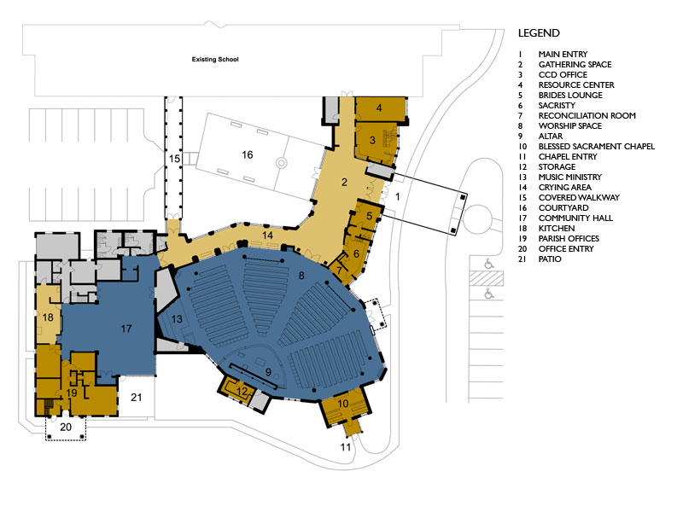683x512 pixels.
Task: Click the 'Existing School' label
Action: tap(215, 59)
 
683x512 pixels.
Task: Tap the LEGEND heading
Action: tap(539, 33)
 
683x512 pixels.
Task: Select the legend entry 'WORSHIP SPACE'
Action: tap(569, 125)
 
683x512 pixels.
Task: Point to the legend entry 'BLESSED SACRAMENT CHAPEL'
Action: tap(596, 146)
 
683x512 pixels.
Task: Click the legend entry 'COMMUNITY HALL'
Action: tap(575, 218)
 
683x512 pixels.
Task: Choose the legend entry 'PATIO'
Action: tap(550, 259)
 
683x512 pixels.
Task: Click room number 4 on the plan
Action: tap(379, 108)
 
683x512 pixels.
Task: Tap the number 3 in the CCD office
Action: tap(372, 140)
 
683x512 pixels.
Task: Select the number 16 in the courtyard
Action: tap(248, 154)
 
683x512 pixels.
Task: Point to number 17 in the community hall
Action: tap(126, 329)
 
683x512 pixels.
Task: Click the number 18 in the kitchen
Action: tap(48, 317)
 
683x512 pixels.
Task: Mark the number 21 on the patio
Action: tap(137, 397)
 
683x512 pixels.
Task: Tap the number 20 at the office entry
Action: tap(66, 428)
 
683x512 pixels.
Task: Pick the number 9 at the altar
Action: tap(268, 372)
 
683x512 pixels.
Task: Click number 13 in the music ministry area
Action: tap(177, 319)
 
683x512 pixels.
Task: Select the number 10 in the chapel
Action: tap(343, 404)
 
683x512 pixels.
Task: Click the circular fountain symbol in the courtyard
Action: tap(282, 163)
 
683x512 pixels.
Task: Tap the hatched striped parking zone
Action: tap(486, 278)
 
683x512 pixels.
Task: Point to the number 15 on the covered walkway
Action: tap(174, 159)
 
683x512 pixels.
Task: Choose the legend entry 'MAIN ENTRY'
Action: tap(563, 55)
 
